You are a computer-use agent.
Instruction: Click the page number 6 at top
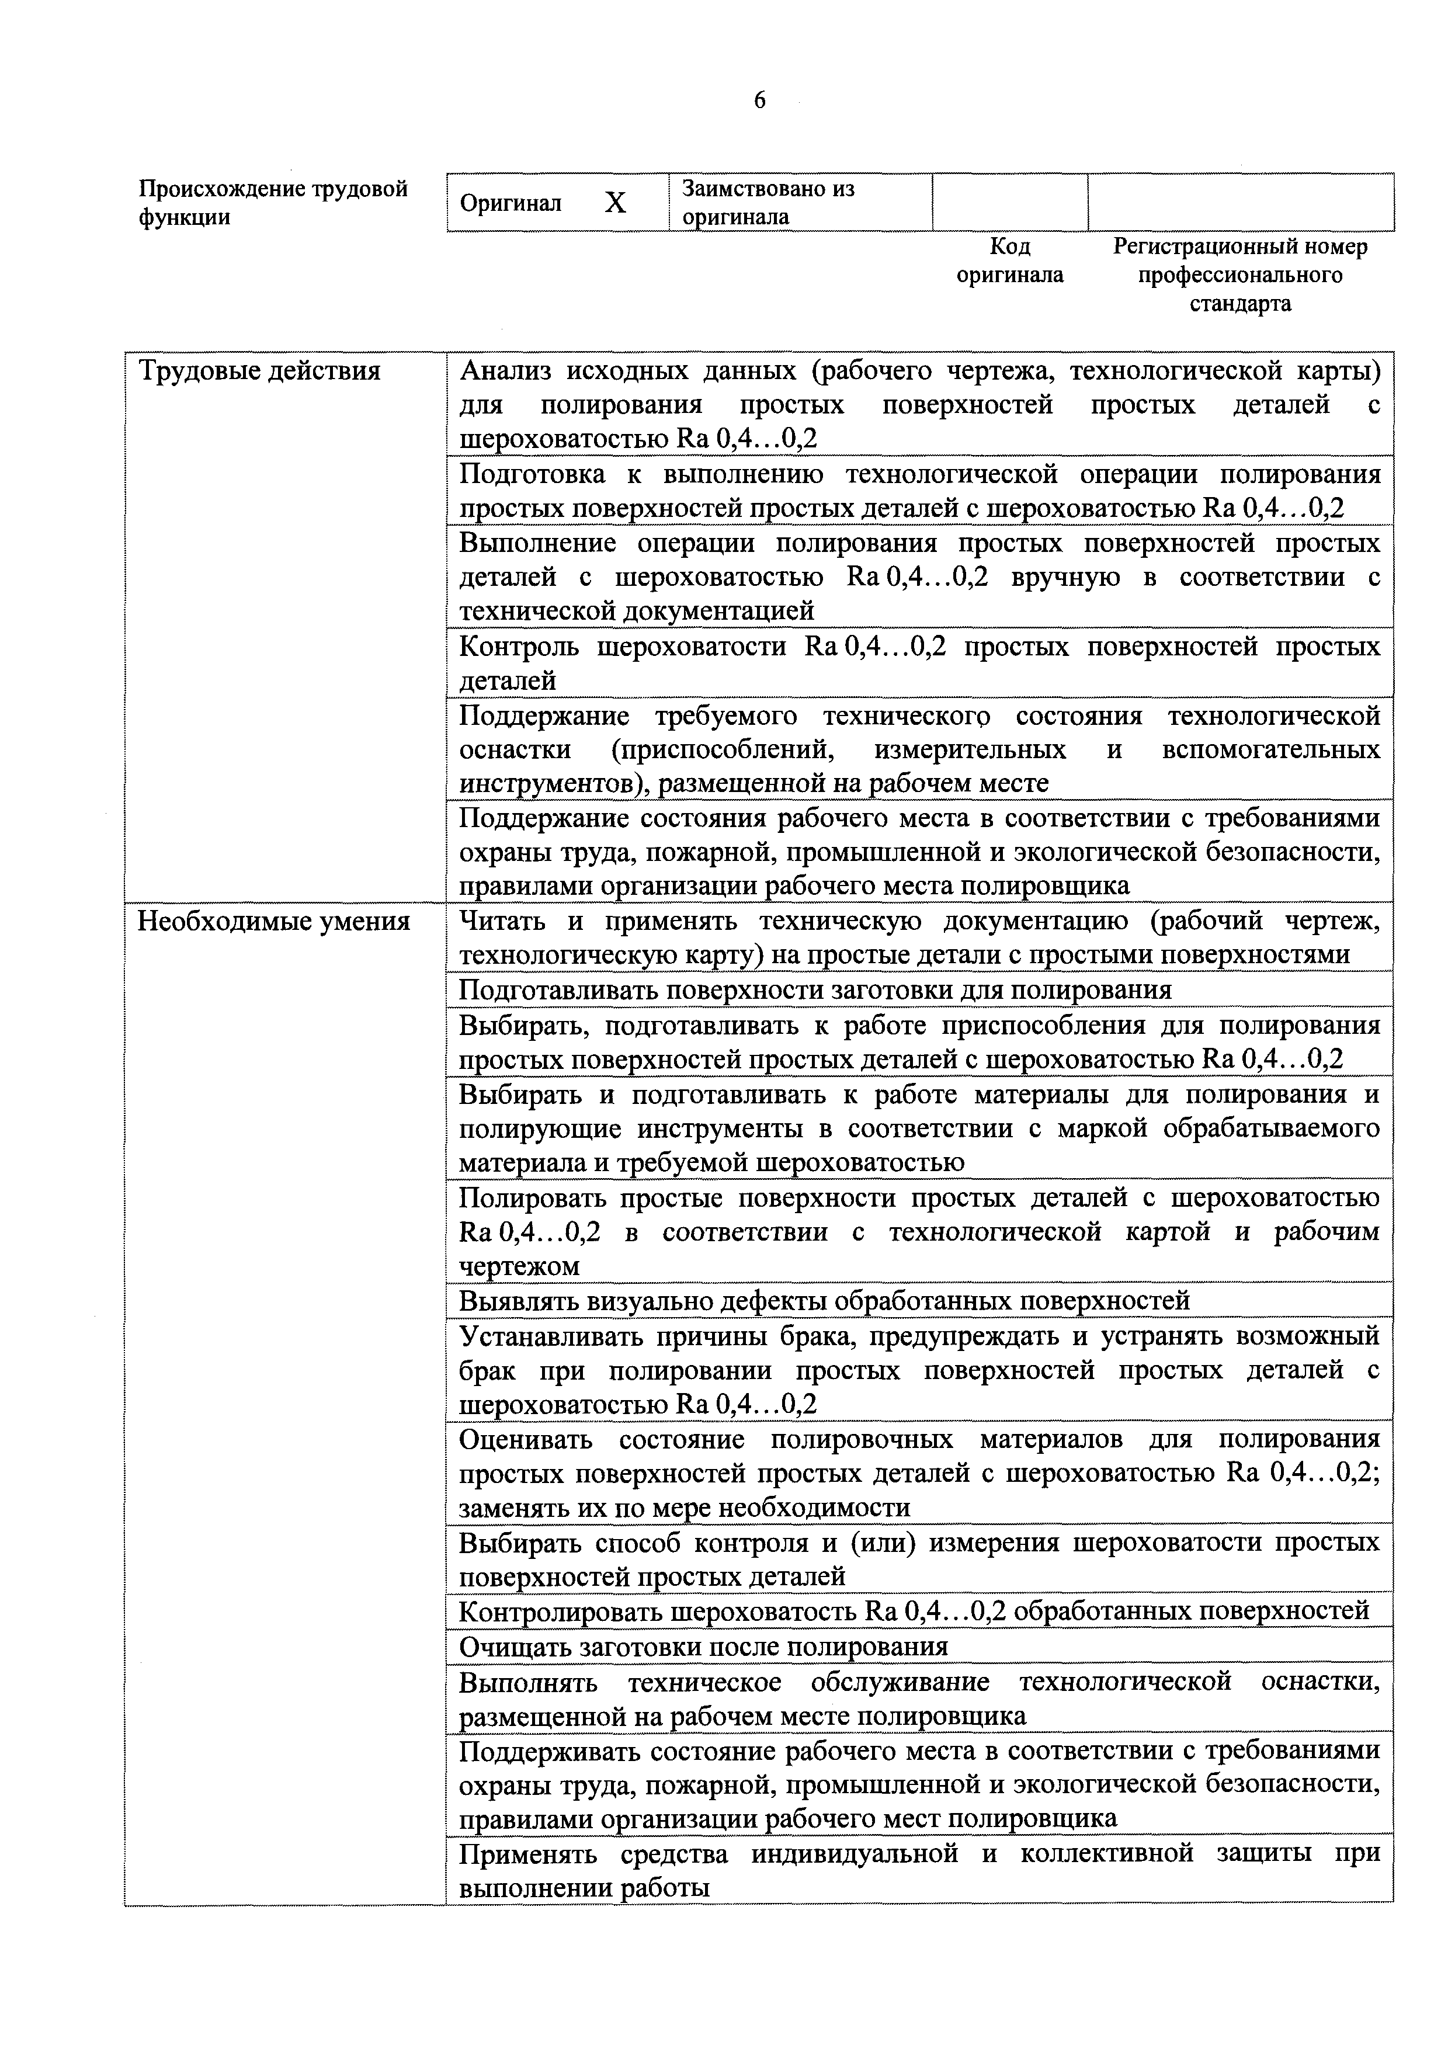(x=759, y=101)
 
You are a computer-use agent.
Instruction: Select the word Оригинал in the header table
(x=511, y=203)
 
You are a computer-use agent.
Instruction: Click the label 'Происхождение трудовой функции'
(x=273, y=203)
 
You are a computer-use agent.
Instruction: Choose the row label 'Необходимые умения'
(x=273, y=922)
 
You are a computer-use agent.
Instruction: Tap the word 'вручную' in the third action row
(x=1066, y=578)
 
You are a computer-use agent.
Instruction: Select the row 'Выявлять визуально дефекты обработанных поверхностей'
(x=824, y=1301)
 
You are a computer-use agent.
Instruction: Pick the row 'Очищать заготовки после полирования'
(x=703, y=1647)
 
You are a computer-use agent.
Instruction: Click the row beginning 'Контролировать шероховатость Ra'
(x=914, y=1611)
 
